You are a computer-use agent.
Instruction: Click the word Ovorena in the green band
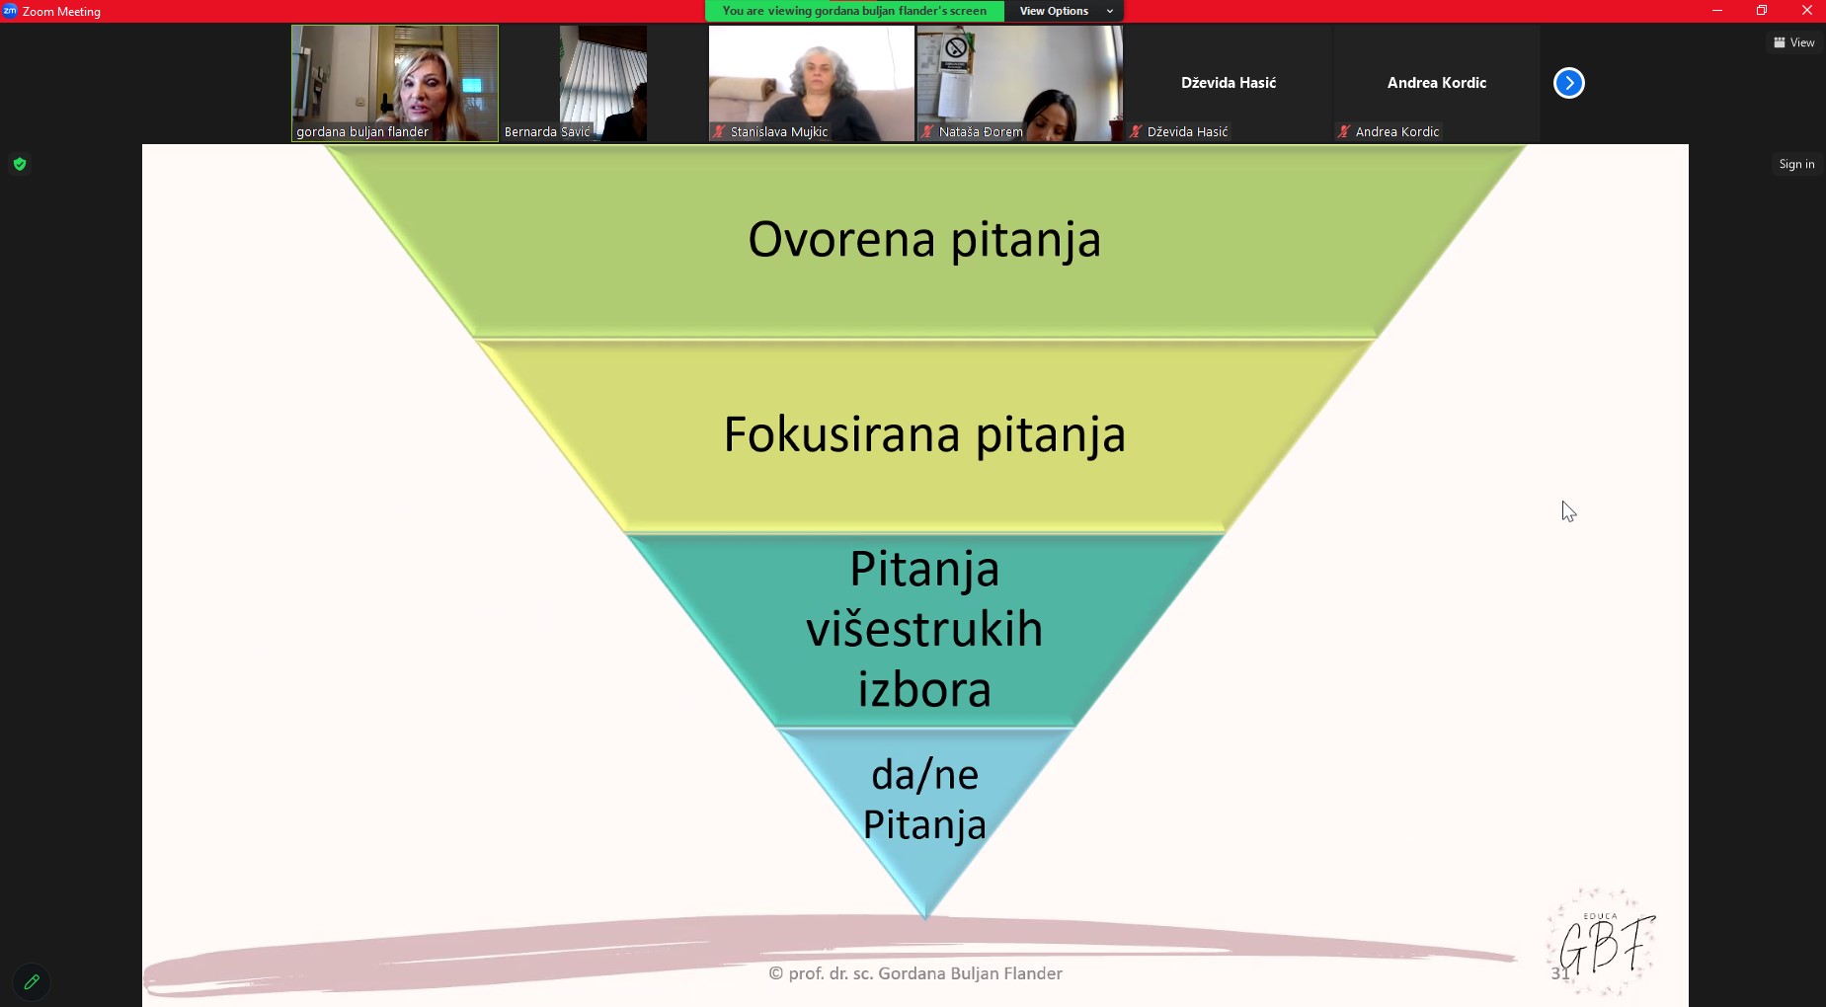(x=841, y=239)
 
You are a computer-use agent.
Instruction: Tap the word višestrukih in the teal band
(x=924, y=629)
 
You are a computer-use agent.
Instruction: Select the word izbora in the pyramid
(x=924, y=689)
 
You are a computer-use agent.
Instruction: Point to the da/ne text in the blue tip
(x=924, y=775)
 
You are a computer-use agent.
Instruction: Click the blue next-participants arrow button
(x=1568, y=83)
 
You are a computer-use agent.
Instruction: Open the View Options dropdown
(x=1065, y=11)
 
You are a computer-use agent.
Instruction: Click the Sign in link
(x=1796, y=164)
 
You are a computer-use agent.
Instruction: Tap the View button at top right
(x=1794, y=42)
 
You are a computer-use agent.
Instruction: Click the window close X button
(x=1807, y=10)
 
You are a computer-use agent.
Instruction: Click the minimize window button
(x=1717, y=10)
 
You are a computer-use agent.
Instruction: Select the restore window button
(x=1762, y=10)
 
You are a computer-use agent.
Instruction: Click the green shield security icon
(x=20, y=164)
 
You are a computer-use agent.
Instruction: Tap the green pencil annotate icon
(x=32, y=981)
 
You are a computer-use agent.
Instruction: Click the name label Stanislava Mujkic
(x=779, y=131)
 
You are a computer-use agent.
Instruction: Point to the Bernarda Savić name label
(x=547, y=131)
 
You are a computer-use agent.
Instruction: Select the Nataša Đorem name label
(x=981, y=131)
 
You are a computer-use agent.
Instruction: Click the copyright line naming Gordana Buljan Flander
(x=915, y=973)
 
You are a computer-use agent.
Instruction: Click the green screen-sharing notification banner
(x=854, y=11)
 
